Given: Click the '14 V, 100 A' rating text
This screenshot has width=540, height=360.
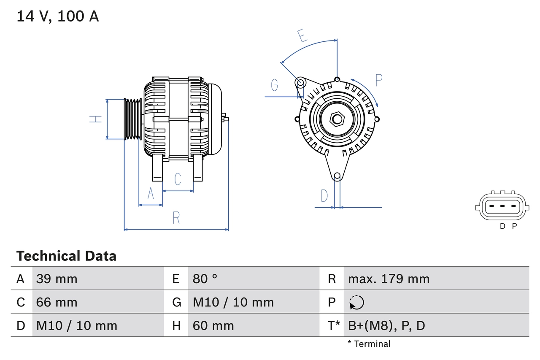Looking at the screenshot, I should click(57, 16).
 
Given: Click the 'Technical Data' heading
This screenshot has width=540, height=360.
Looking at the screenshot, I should click(66, 256).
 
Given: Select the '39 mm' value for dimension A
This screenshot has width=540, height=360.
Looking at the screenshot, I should click(57, 279).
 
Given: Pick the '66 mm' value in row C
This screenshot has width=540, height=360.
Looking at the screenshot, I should click(57, 302).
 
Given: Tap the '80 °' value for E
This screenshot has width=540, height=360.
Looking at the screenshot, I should click(205, 279).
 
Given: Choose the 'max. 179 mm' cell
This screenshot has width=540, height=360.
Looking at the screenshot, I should click(389, 279).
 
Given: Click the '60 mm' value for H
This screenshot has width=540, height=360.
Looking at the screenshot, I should click(213, 325).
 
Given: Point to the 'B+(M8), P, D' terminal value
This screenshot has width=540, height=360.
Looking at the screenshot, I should click(386, 325).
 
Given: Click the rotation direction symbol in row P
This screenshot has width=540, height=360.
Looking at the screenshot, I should click(356, 302).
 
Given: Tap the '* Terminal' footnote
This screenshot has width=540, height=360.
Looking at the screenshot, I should click(369, 344).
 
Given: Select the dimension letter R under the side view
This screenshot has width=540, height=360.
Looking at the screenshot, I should click(176, 218).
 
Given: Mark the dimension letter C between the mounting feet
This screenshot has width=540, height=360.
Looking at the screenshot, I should click(178, 179).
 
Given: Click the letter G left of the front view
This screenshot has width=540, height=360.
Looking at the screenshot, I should click(275, 85).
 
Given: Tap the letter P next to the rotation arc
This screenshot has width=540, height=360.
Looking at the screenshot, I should click(378, 80).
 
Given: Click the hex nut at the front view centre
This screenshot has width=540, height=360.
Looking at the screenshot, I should click(336, 119).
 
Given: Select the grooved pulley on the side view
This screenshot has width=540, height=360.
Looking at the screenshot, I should click(132, 119).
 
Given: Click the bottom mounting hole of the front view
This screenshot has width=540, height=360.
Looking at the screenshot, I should click(337, 176).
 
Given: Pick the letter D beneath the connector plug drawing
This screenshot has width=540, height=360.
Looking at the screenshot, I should click(502, 226).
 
